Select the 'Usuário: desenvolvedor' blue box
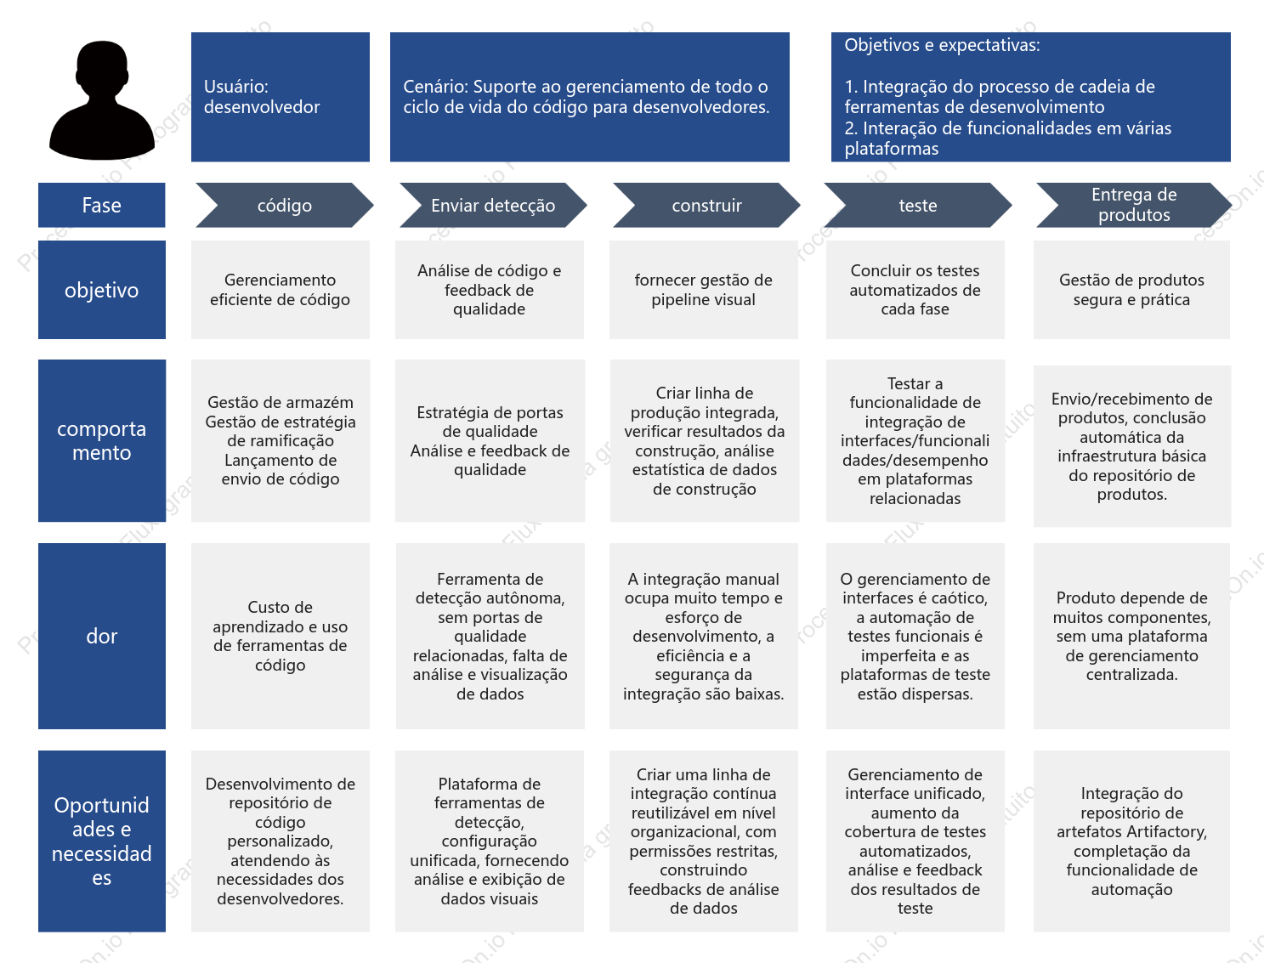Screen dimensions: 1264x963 click(280, 97)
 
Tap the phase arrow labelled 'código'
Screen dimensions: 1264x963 click(285, 205)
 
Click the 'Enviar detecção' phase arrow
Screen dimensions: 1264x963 click(493, 205)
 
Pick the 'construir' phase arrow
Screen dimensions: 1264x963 click(706, 205)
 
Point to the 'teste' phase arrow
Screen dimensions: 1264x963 click(918, 205)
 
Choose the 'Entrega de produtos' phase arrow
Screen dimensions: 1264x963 click(1134, 205)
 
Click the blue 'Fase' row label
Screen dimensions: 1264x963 click(102, 205)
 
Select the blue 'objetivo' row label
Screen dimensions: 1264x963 click(102, 290)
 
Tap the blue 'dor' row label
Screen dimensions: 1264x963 click(102, 636)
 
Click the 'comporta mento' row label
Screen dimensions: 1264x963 click(102, 441)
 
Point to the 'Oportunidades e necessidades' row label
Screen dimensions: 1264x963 click(102, 841)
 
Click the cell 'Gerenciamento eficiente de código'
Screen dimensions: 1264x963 click(280, 290)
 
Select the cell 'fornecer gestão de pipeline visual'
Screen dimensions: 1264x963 click(704, 290)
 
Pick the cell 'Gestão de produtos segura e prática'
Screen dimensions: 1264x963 click(1131, 290)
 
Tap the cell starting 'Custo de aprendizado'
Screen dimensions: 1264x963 click(280, 636)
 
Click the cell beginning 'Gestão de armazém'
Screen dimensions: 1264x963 click(280, 441)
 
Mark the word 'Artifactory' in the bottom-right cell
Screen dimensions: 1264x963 click(1167, 832)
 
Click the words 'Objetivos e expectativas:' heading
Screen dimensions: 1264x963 click(942, 45)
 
